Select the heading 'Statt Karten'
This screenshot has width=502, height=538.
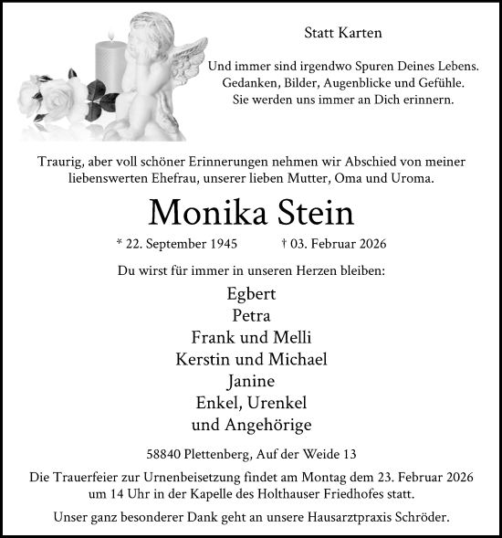point(341,33)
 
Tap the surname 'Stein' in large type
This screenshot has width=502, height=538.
point(311,212)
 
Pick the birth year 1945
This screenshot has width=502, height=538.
point(223,245)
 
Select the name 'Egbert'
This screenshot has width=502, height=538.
point(250,294)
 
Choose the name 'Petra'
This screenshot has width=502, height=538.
point(250,316)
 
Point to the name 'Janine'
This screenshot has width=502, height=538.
point(250,382)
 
